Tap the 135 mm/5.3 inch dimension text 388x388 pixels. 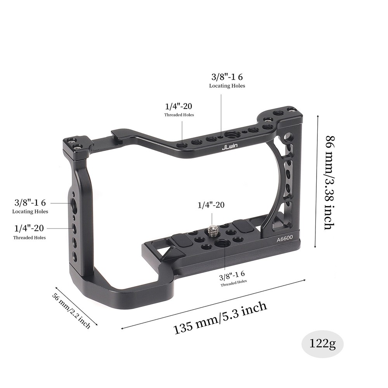point(220,317)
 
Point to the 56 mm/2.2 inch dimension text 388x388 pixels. point(72,310)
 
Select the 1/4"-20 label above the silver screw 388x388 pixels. point(211,205)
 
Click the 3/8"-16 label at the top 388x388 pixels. point(227,77)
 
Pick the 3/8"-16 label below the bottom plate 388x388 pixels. point(233,277)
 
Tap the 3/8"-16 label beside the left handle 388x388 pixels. point(30,203)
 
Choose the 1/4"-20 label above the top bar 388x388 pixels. point(179,106)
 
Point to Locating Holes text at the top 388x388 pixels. point(227,86)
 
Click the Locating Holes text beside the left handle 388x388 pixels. point(30,211)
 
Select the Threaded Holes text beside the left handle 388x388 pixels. point(29,237)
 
